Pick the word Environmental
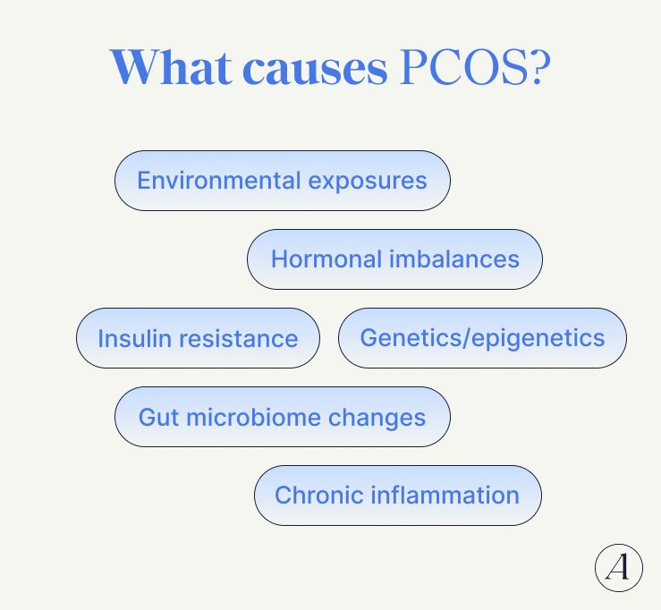(x=218, y=181)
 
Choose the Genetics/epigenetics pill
(x=482, y=338)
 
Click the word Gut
(x=158, y=417)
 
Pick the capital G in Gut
(x=148, y=417)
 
